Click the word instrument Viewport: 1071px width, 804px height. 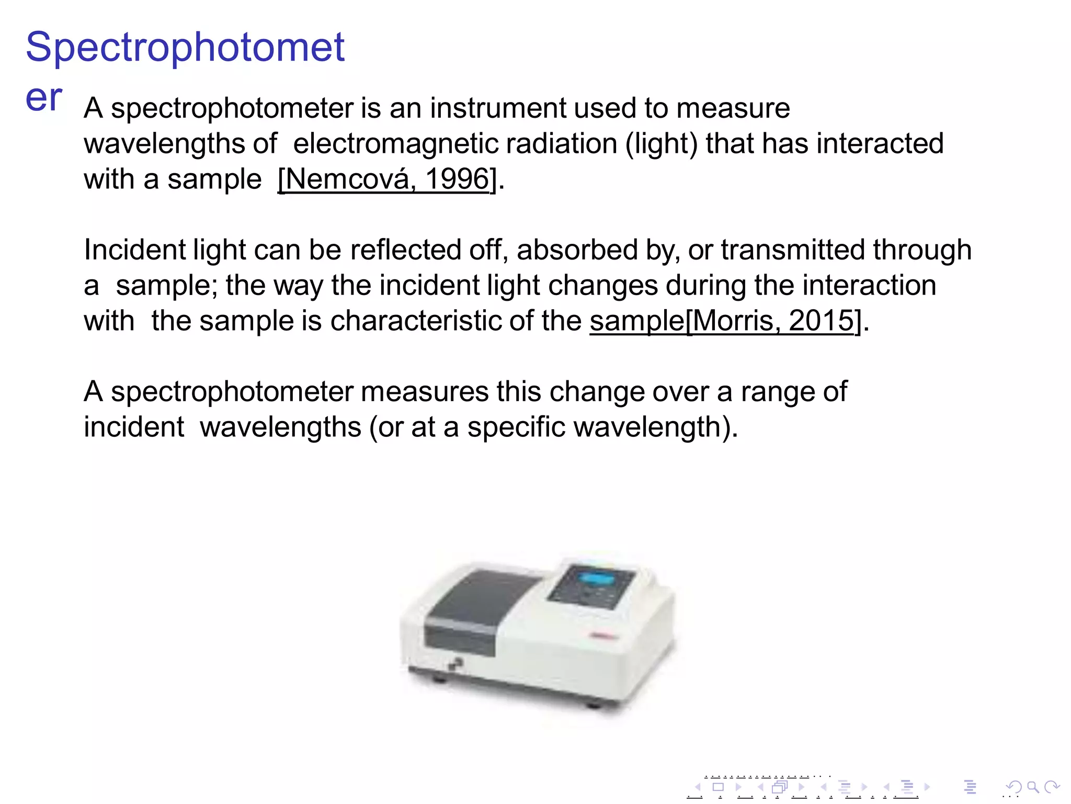498,108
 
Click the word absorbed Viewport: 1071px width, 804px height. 577,250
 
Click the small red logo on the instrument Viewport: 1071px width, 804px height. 603,636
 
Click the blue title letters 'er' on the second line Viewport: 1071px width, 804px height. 44,98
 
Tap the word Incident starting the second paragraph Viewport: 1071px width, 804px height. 134,250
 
